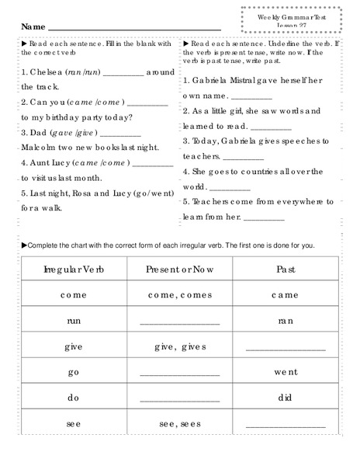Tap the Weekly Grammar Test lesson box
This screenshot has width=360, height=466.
[291, 21]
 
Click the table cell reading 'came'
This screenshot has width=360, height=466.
[285, 295]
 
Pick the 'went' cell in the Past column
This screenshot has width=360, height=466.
[285, 372]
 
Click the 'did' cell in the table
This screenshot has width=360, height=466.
[285, 398]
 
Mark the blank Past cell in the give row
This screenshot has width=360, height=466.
[285, 349]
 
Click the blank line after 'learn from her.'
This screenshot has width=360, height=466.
[265, 219]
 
